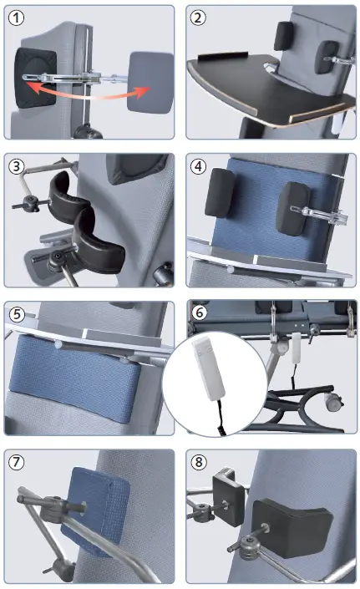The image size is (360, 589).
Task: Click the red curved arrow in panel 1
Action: click(x=92, y=89)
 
